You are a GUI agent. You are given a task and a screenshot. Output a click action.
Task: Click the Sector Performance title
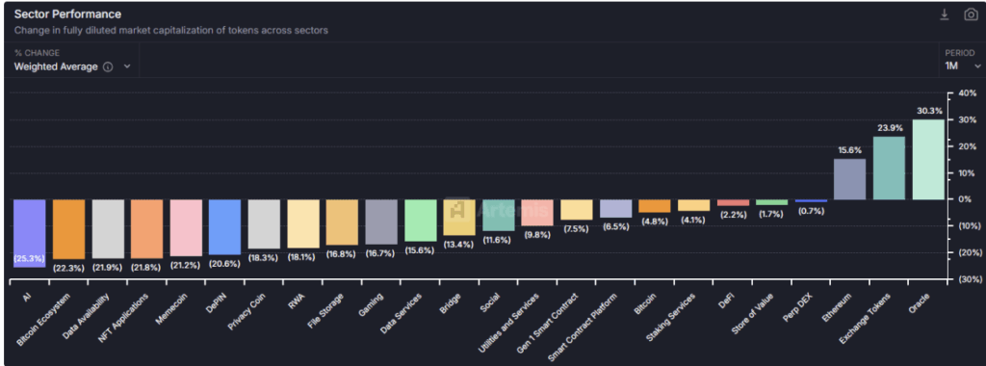pos(67,14)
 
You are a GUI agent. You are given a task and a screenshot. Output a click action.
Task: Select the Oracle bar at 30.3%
pos(928,159)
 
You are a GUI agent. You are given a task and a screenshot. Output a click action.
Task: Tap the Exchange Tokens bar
pos(889,168)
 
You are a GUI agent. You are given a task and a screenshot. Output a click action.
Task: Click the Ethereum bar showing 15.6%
pos(849,179)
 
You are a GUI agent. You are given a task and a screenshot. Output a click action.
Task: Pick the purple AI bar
pos(29,232)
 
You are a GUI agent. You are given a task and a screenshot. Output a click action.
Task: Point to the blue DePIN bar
pos(224,226)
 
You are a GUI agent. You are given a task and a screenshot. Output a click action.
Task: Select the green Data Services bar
pos(421,221)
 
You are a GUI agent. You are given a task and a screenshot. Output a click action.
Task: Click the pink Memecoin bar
pos(186,227)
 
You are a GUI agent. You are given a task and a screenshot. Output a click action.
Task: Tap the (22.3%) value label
pos(67,266)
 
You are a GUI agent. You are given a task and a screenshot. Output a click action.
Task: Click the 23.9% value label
pos(889,128)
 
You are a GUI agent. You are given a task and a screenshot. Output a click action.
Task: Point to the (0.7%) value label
pos(810,210)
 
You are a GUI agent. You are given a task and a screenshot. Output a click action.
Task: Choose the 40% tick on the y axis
pos(964,93)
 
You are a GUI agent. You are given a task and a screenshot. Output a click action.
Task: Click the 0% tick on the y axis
pos(966,199)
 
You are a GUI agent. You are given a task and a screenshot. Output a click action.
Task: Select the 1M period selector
pos(958,65)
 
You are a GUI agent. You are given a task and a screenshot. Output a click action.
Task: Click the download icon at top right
pos(945,14)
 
